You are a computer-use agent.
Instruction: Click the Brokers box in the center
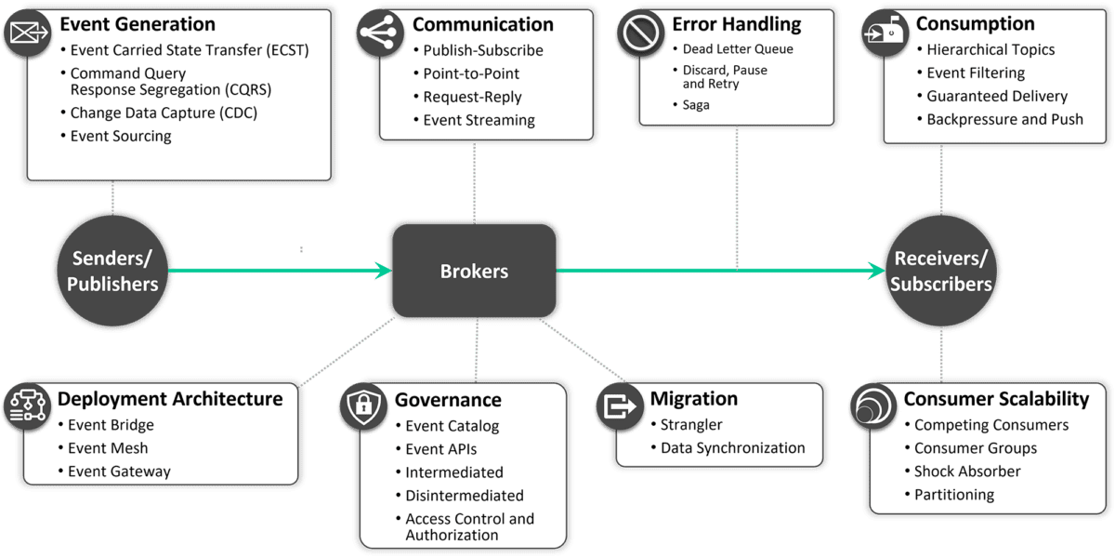pos(474,272)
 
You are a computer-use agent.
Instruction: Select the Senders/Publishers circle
pos(112,271)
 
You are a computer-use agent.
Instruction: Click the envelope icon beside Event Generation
pos(27,33)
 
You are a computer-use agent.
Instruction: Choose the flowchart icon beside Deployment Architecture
pos(27,406)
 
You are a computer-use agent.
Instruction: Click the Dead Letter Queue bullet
pos(738,49)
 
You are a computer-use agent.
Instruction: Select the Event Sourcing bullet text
pos(121,136)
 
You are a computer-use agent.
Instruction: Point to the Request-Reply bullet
pos(472,97)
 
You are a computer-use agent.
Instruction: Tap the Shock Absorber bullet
pos(966,472)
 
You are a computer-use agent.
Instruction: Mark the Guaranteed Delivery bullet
pos(996,96)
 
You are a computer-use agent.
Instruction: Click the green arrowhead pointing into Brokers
pos(382,271)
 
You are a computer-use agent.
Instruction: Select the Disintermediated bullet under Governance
pos(464,496)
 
